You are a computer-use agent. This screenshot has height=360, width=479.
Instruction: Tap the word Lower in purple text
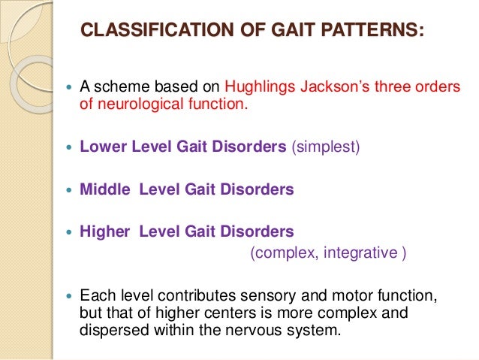tap(101, 147)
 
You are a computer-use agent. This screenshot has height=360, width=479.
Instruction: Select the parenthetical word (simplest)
tap(325, 147)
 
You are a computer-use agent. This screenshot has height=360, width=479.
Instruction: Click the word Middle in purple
tap(104, 189)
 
